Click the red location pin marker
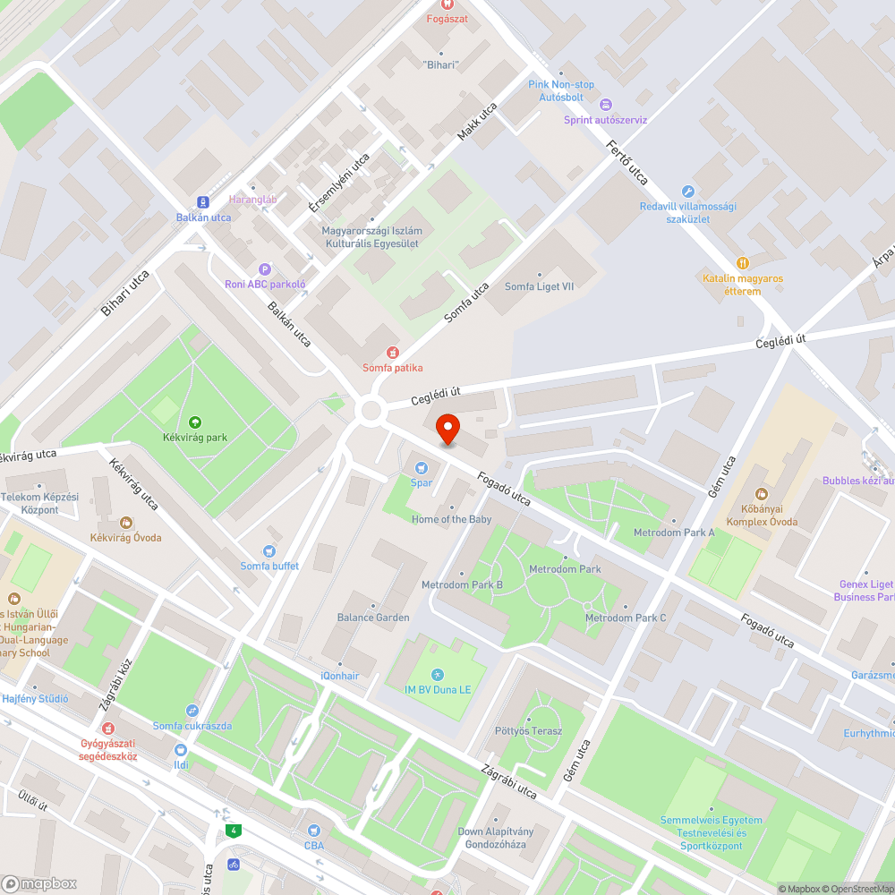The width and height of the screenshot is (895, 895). pos(447,429)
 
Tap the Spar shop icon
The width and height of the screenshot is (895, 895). pos(422,466)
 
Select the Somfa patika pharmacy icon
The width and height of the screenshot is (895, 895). pos(391,353)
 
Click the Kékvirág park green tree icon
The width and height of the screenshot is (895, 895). pos(195,422)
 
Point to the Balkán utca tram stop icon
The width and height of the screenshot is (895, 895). pos(203,202)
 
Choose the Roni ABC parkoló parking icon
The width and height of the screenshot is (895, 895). pos(264,269)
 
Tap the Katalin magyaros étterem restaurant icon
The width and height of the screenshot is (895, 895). pos(742,263)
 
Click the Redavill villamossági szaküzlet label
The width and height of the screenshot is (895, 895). pos(688,212)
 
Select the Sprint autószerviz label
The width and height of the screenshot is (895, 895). pos(605,119)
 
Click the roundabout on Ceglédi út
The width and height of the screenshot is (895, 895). pos(370,412)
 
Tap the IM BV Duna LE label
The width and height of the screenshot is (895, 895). pos(438,689)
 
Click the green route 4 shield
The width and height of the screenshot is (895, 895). pos(234,831)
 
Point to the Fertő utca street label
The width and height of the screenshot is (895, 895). pos(626,162)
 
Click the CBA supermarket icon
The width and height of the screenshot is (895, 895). pos(313,831)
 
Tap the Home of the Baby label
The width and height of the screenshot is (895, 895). pos(451,519)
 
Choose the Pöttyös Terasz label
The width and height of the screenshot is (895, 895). pos(528,730)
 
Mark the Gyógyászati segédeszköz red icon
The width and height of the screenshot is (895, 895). pos(108,729)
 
